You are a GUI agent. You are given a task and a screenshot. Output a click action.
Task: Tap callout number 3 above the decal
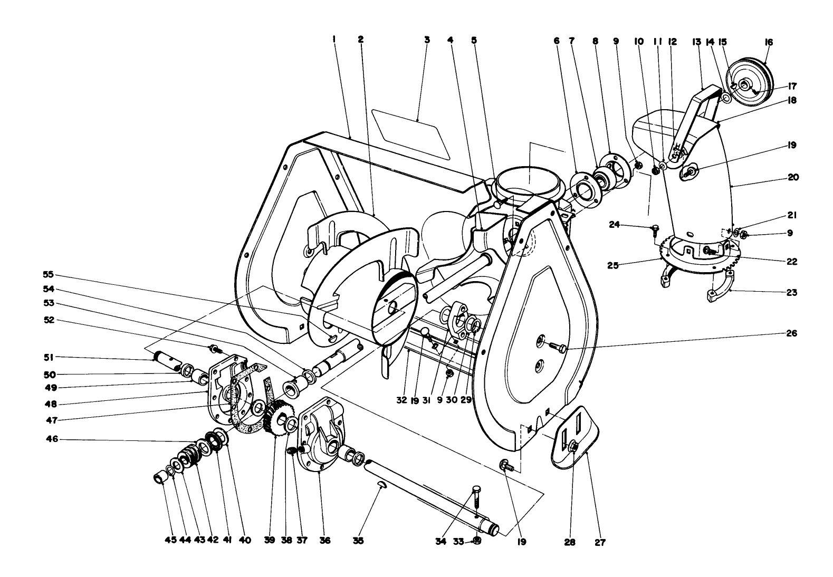point(427,39)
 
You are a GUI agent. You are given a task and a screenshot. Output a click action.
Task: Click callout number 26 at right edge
point(791,333)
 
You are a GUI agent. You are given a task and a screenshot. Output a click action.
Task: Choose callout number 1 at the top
point(334,39)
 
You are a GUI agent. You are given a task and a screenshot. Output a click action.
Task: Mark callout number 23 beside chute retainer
point(790,292)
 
